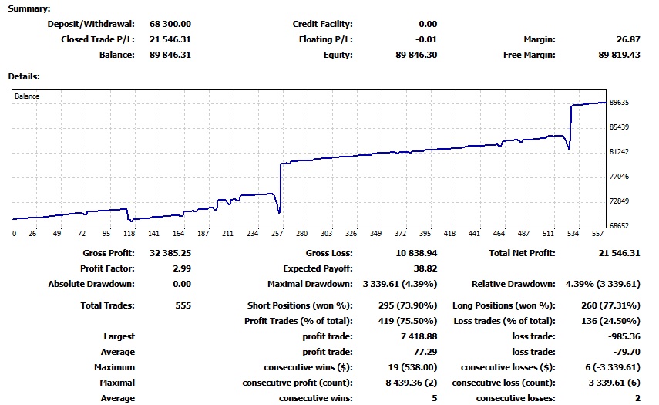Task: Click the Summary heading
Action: [29, 8]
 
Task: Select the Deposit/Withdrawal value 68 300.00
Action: [170, 24]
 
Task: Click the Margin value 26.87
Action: [630, 39]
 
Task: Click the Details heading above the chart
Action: [24, 76]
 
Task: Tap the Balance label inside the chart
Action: [27, 96]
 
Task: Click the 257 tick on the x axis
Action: [276, 233]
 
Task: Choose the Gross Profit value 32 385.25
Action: [170, 253]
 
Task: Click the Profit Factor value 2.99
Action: [179, 268]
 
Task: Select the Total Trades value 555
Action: [182, 305]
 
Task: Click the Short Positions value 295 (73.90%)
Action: [401, 305]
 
